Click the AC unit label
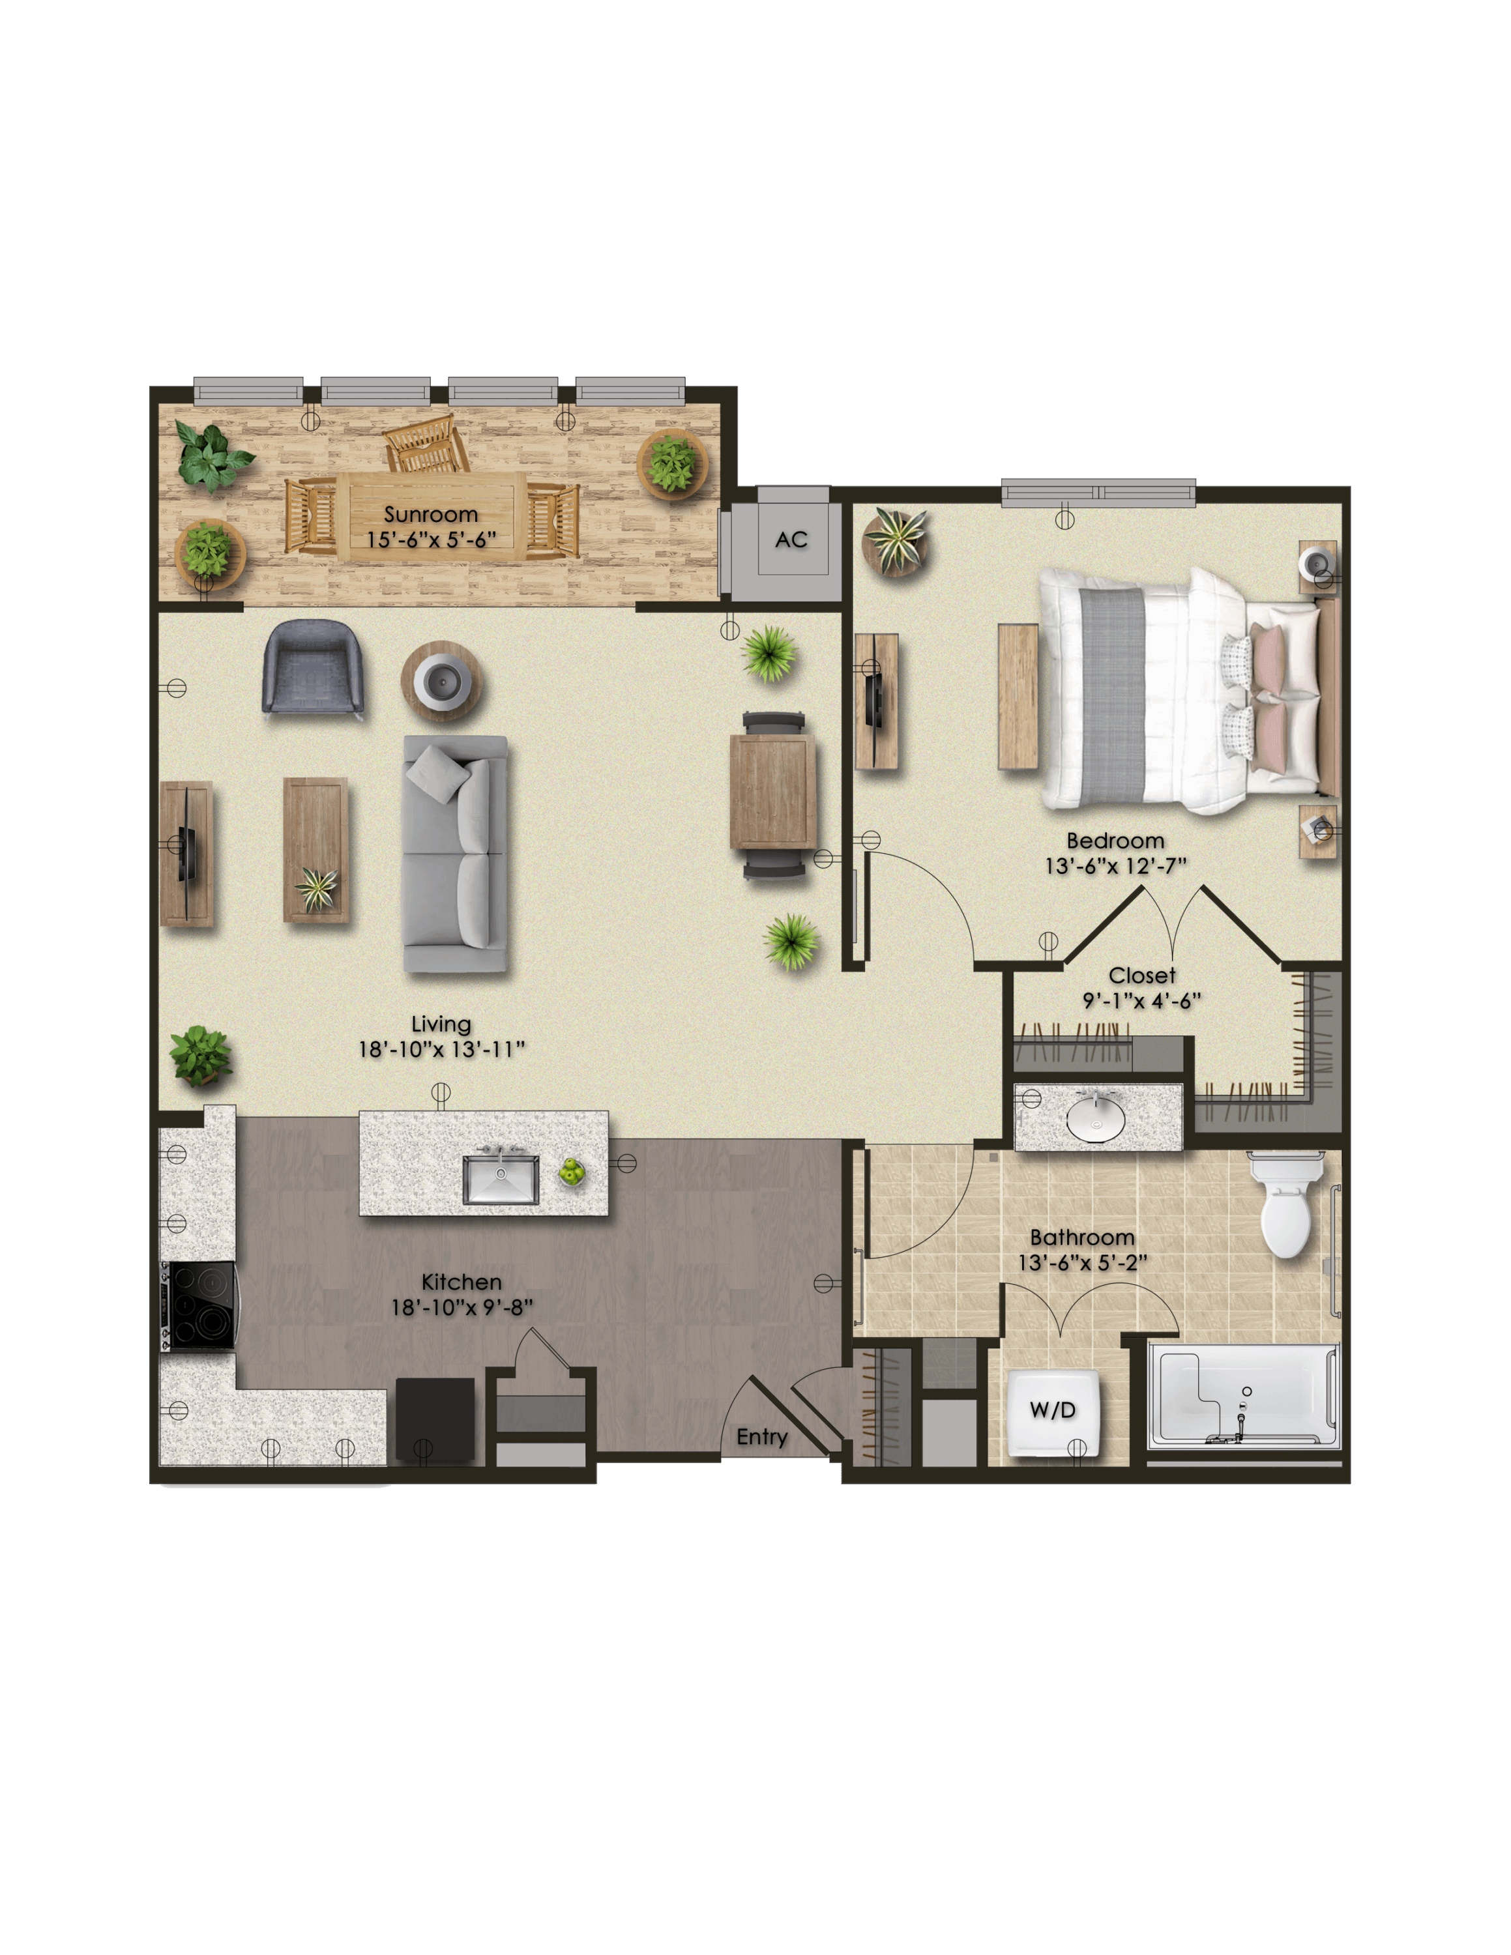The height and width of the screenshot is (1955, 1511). pos(791,540)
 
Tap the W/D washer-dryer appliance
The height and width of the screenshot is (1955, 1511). pos(1053,1412)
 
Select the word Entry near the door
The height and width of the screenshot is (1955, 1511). pos(762,1438)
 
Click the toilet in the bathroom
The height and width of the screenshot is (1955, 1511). pos(1285,1204)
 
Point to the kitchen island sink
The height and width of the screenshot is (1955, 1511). pos(501,1178)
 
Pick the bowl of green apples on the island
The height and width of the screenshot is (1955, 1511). pos(571,1172)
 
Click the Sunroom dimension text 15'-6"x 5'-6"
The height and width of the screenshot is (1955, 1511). pos(432,540)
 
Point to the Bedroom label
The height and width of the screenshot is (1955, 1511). pos(1115,841)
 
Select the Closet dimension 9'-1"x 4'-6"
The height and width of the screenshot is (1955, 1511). pos(1141,1001)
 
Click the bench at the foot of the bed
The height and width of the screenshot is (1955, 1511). pos(1018,697)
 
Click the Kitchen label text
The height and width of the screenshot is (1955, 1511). pos(461,1282)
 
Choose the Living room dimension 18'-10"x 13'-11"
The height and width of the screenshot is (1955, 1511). pos(441,1049)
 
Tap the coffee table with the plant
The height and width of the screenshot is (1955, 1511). pos(316,850)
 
